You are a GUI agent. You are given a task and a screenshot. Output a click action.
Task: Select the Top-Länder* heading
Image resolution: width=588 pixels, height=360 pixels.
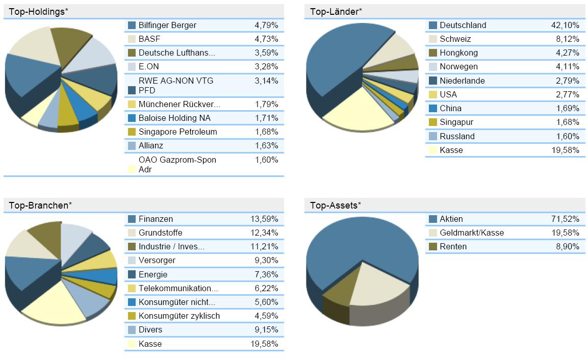(x=336, y=11)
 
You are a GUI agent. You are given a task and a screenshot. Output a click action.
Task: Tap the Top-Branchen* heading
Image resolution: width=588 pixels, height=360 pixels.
(x=40, y=205)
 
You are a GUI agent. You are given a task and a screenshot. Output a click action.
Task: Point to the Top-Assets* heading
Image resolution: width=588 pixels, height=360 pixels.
(x=336, y=205)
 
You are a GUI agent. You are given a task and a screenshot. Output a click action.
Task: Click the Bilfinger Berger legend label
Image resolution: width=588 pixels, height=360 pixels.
(x=167, y=25)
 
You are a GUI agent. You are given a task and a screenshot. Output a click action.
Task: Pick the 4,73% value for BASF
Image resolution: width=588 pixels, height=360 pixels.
(x=266, y=39)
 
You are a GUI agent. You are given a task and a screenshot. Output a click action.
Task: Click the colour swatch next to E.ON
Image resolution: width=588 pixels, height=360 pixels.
(x=132, y=66)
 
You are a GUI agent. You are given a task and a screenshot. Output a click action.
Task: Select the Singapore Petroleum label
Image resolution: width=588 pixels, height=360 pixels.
(x=177, y=132)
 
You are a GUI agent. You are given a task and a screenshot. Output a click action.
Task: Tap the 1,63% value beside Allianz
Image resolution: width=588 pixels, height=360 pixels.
(x=266, y=145)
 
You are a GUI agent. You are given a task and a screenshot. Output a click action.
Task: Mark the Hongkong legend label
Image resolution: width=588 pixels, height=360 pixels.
(x=458, y=53)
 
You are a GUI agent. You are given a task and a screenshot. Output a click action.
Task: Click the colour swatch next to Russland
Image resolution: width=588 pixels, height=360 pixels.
(x=433, y=136)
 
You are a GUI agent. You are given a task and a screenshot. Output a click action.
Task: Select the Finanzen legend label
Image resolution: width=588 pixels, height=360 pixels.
(x=156, y=219)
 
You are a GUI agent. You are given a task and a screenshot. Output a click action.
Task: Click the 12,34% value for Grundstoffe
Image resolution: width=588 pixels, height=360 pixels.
(x=264, y=233)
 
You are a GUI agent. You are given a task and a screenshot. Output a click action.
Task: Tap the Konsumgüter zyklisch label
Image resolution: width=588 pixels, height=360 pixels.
(x=179, y=316)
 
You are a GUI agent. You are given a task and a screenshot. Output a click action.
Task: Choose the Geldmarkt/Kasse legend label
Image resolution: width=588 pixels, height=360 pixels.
(x=471, y=233)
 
